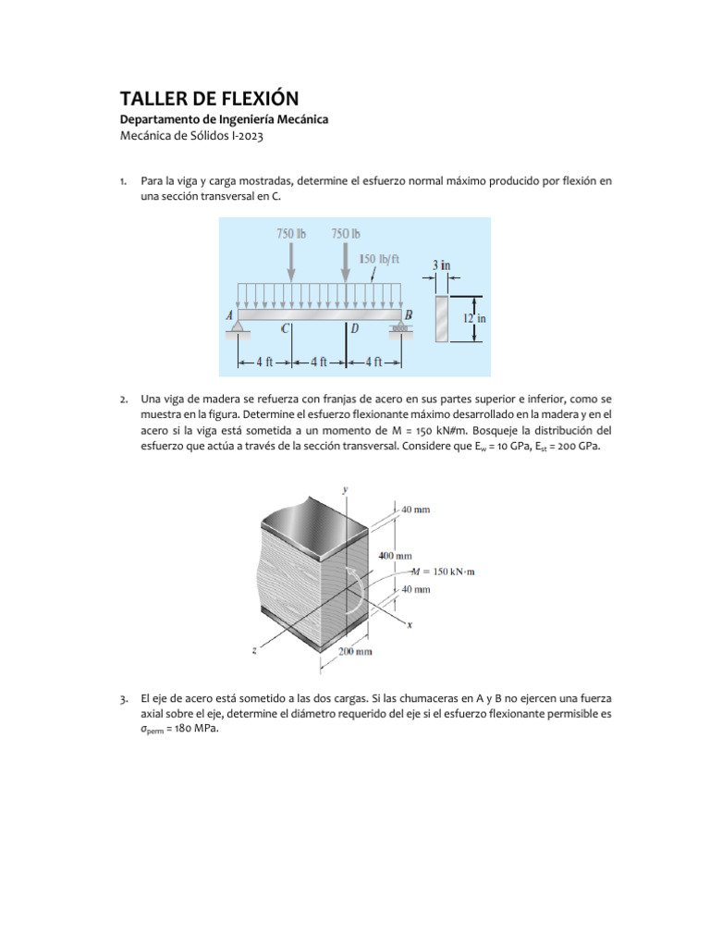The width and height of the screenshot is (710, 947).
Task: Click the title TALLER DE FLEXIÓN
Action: pyautogui.click(x=210, y=99)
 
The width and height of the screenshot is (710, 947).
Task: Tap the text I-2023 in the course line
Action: pyautogui.click(x=252, y=136)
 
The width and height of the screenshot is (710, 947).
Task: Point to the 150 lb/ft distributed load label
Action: pyautogui.click(x=378, y=259)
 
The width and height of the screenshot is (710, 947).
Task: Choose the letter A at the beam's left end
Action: pyautogui.click(x=229, y=314)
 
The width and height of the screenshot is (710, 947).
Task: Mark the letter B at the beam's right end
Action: pyautogui.click(x=408, y=314)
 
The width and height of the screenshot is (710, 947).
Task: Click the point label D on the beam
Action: pyautogui.click(x=355, y=328)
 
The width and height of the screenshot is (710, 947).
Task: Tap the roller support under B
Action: pyautogui.click(x=400, y=327)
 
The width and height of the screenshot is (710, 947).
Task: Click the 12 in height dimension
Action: pyautogui.click(x=474, y=318)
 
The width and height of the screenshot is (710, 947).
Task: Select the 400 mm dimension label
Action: pyautogui.click(x=396, y=556)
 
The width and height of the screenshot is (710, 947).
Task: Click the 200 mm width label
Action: pyautogui.click(x=356, y=652)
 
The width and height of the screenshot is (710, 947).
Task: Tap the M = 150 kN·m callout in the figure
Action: pyautogui.click(x=447, y=572)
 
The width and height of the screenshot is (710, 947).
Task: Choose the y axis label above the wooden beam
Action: pyautogui.click(x=345, y=488)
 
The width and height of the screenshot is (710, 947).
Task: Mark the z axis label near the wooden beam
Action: pyautogui.click(x=253, y=650)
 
